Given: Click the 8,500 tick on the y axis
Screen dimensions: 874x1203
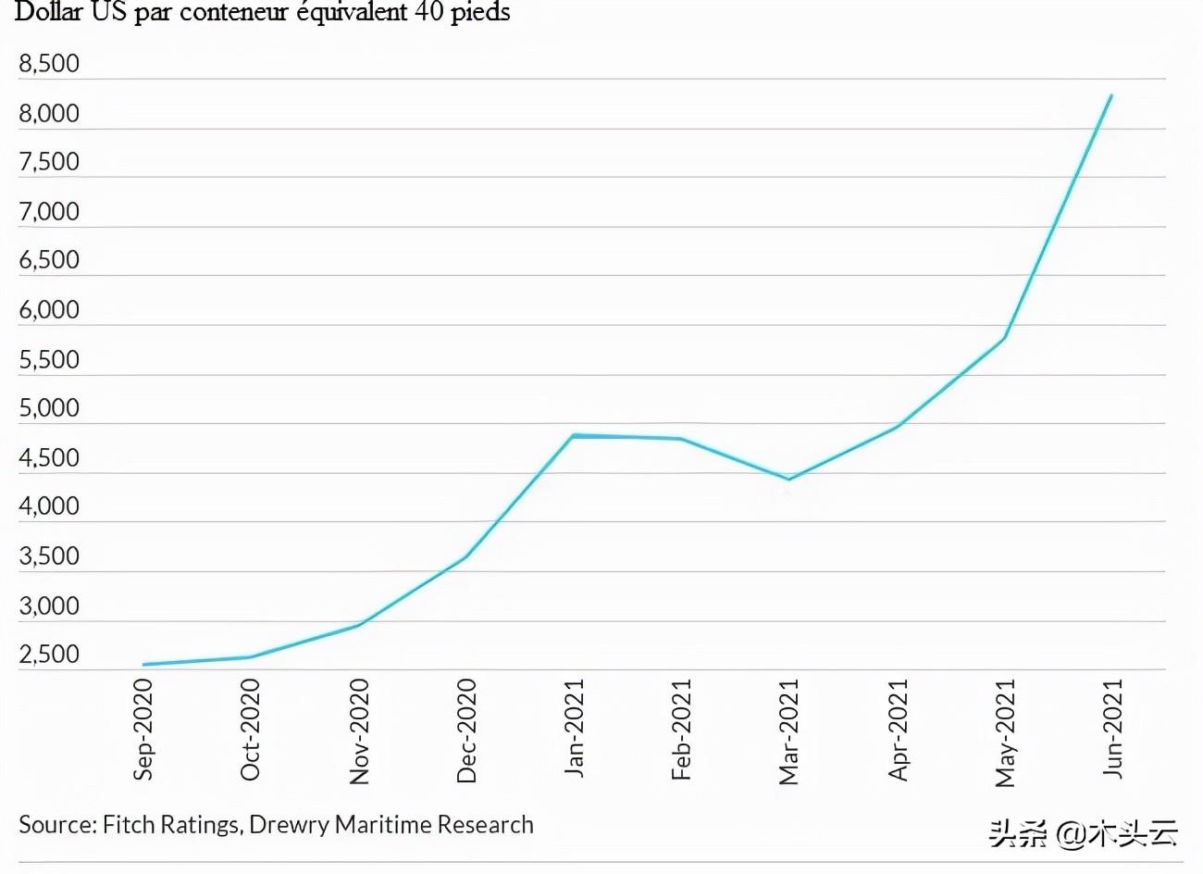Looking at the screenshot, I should [x=49, y=64].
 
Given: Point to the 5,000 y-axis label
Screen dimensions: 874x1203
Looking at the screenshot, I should [x=49, y=408].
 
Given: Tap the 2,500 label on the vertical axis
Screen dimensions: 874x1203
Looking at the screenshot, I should [x=49, y=655].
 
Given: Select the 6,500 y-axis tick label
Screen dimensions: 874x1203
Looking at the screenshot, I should [x=49, y=260].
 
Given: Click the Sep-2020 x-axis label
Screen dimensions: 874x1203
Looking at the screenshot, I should [x=143, y=730].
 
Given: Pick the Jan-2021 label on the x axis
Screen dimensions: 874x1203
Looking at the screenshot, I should [x=575, y=729].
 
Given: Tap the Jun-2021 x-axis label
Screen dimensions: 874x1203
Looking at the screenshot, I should [x=1113, y=729].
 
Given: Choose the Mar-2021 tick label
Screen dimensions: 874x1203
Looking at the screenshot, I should [x=789, y=732].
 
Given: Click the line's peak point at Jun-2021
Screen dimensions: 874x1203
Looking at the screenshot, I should [x=1110, y=95].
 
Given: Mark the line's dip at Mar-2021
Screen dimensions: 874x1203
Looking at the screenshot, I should [x=788, y=479].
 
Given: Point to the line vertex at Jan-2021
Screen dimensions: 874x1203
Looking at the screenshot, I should [x=574, y=435].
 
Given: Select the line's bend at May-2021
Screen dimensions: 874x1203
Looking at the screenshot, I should [x=1004, y=339].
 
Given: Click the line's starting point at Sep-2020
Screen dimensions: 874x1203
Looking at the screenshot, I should [x=143, y=664].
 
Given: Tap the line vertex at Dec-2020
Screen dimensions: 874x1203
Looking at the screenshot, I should [x=465, y=557].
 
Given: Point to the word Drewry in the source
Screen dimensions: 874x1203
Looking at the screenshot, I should [x=289, y=824].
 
